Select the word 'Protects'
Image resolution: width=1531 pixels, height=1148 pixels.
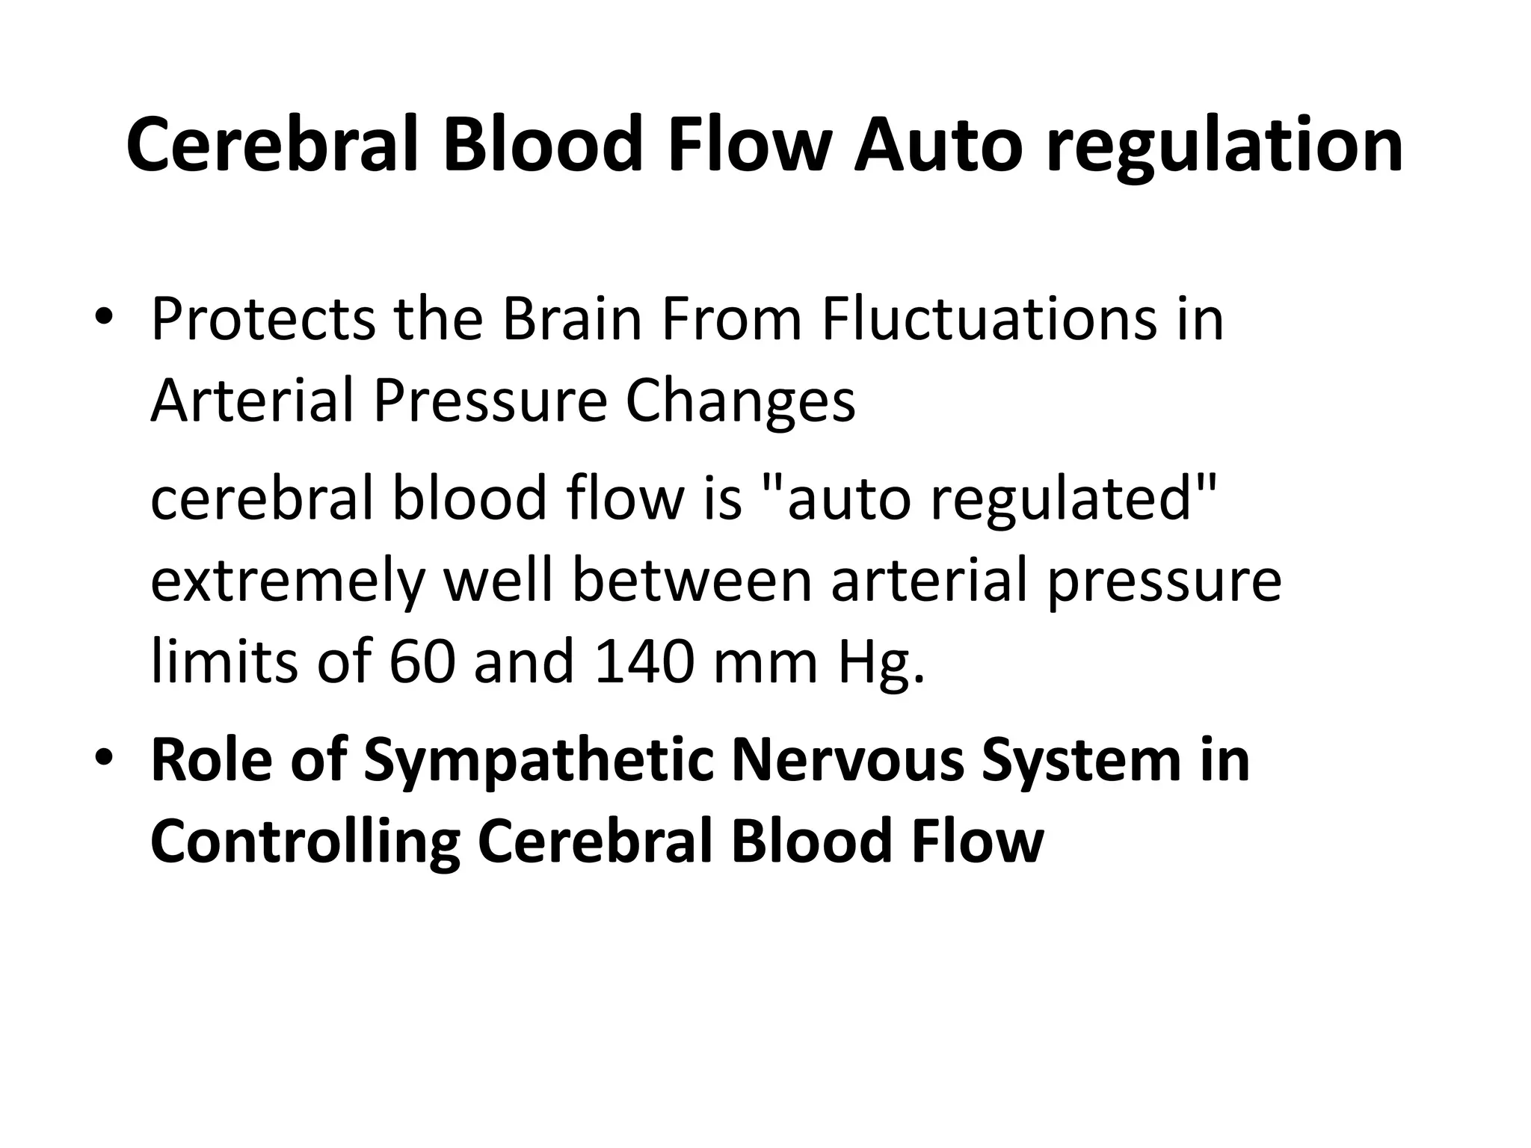(262, 320)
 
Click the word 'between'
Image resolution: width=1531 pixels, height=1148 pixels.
(691, 581)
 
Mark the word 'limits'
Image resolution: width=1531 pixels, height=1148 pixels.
(224, 662)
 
